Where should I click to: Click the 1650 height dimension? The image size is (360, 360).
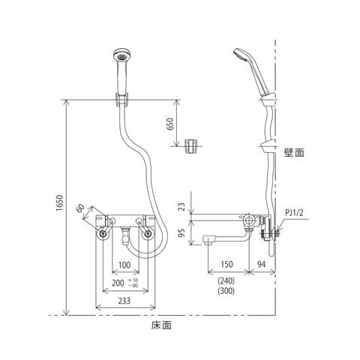click(60, 202)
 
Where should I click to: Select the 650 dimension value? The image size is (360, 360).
click(169, 124)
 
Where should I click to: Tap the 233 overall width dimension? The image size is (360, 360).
click(124, 301)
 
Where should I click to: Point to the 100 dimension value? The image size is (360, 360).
click(124, 265)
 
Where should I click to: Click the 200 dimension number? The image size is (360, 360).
click(118, 283)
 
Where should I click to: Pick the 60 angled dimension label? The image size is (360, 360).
click(80, 208)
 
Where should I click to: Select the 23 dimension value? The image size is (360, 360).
click(183, 207)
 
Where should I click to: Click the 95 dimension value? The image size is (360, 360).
click(183, 232)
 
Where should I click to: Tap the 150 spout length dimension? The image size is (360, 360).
click(226, 264)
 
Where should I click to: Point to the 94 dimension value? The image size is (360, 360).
click(261, 264)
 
